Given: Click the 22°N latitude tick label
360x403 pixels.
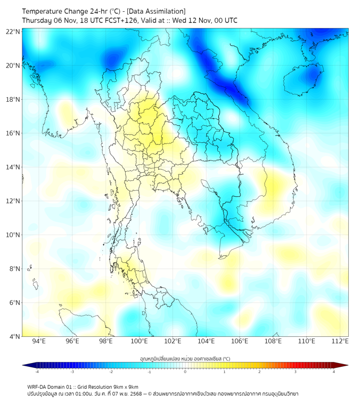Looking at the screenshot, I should [13, 31].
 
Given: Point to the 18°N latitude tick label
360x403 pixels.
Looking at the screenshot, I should [13, 99].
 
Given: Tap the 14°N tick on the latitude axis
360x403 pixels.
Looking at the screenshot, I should [13, 167].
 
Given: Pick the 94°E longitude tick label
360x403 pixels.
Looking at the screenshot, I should [39, 342].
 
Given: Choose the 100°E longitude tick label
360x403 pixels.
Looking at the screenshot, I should [139, 342].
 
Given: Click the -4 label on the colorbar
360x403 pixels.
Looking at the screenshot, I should [37, 372].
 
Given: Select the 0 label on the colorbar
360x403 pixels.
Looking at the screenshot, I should [185, 372].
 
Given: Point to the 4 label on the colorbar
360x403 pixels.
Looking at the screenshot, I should [334, 372].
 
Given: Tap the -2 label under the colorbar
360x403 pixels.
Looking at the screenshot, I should [111, 372].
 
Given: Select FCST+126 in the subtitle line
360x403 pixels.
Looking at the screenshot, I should [118, 20].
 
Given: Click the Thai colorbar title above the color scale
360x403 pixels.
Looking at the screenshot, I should [185, 359].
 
